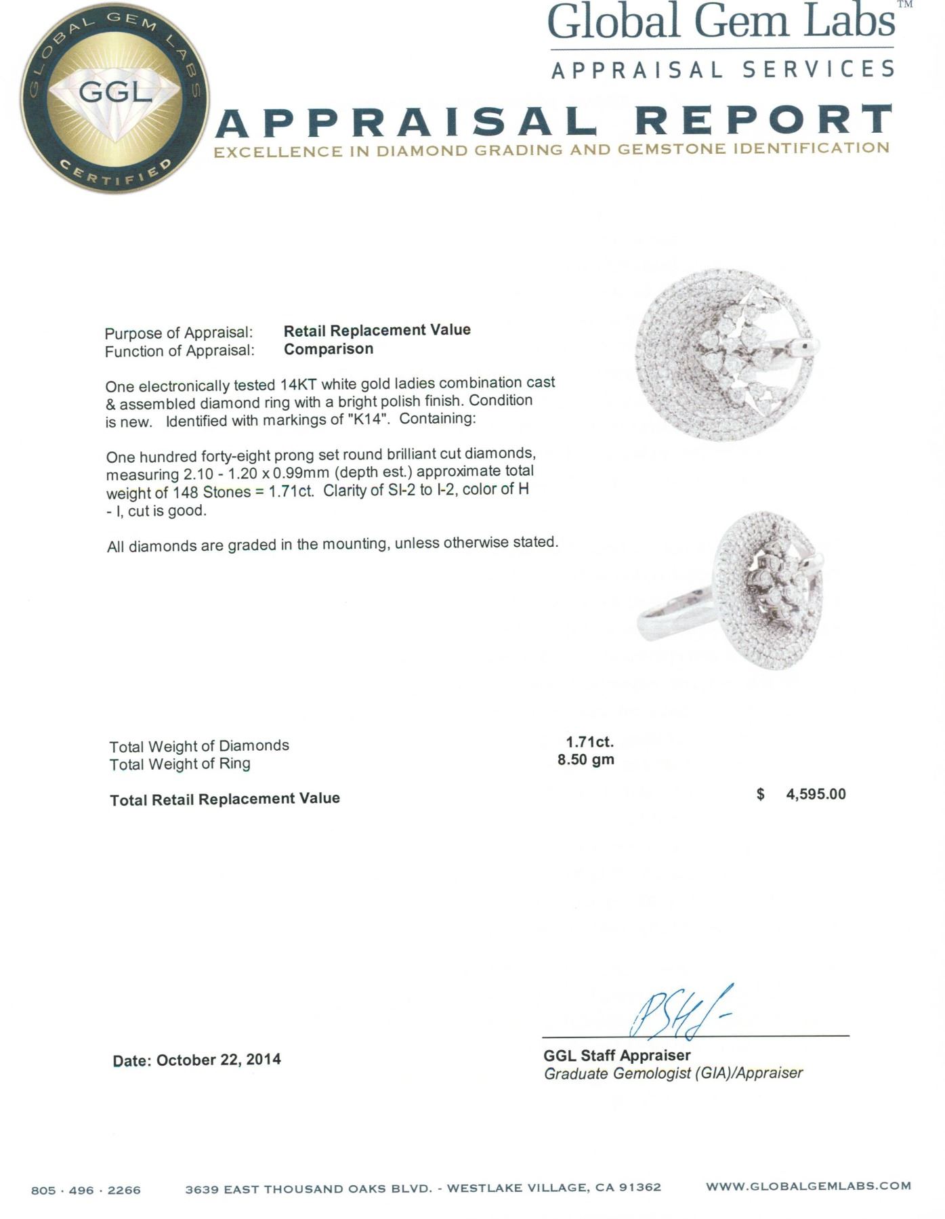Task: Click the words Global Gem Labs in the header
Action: (721, 22)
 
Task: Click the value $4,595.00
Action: (801, 794)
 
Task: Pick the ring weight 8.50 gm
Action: (585, 760)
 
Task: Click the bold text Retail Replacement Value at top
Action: (377, 331)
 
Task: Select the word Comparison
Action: (328, 349)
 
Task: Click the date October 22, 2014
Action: (218, 1060)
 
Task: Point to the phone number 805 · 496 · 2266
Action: (86, 1190)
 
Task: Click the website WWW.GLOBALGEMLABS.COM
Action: (807, 1186)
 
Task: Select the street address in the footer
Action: (423, 1188)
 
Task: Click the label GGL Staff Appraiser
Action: (616, 1055)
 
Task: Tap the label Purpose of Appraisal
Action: (178, 333)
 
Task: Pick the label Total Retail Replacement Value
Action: (225, 799)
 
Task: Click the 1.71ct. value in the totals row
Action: (589, 742)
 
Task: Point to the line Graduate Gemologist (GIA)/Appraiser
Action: (673, 1073)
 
